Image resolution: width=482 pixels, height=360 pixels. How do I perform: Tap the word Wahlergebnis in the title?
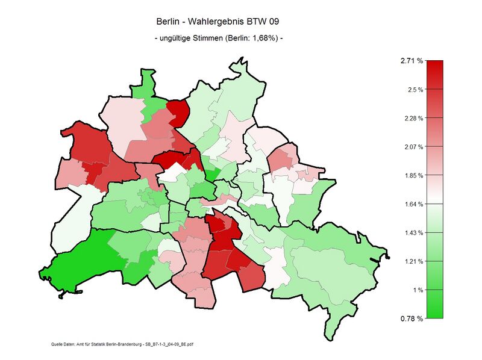(216, 21)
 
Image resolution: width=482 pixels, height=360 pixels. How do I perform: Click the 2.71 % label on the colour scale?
(412, 61)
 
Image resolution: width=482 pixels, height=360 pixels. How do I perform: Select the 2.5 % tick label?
(415, 90)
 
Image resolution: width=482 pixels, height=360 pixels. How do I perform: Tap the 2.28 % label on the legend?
(413, 118)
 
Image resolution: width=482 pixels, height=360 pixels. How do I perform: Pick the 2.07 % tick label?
(413, 147)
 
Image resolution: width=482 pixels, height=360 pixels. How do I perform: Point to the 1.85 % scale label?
(413, 175)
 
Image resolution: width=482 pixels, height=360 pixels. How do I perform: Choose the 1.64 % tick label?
(413, 204)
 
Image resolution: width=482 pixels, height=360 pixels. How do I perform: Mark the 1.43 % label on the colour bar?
(413, 232)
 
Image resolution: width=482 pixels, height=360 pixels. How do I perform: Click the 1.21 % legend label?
(413, 261)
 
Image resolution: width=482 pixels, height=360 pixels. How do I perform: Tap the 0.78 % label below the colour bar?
(412, 318)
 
